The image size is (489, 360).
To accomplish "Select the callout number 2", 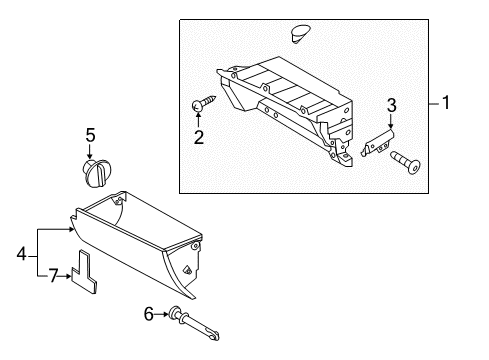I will (x=199, y=137).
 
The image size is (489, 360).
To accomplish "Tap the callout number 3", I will (x=391, y=105).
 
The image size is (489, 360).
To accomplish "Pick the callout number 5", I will (x=90, y=134).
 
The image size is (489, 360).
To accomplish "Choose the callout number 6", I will (x=149, y=313).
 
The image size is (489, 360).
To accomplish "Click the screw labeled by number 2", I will (x=203, y=103).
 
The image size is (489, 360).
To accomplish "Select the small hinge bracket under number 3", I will (x=378, y=145).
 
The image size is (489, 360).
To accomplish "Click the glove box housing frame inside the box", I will (x=285, y=107).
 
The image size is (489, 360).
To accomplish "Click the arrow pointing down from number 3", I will (x=390, y=125).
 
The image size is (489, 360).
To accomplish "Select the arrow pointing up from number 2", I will (x=199, y=120).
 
